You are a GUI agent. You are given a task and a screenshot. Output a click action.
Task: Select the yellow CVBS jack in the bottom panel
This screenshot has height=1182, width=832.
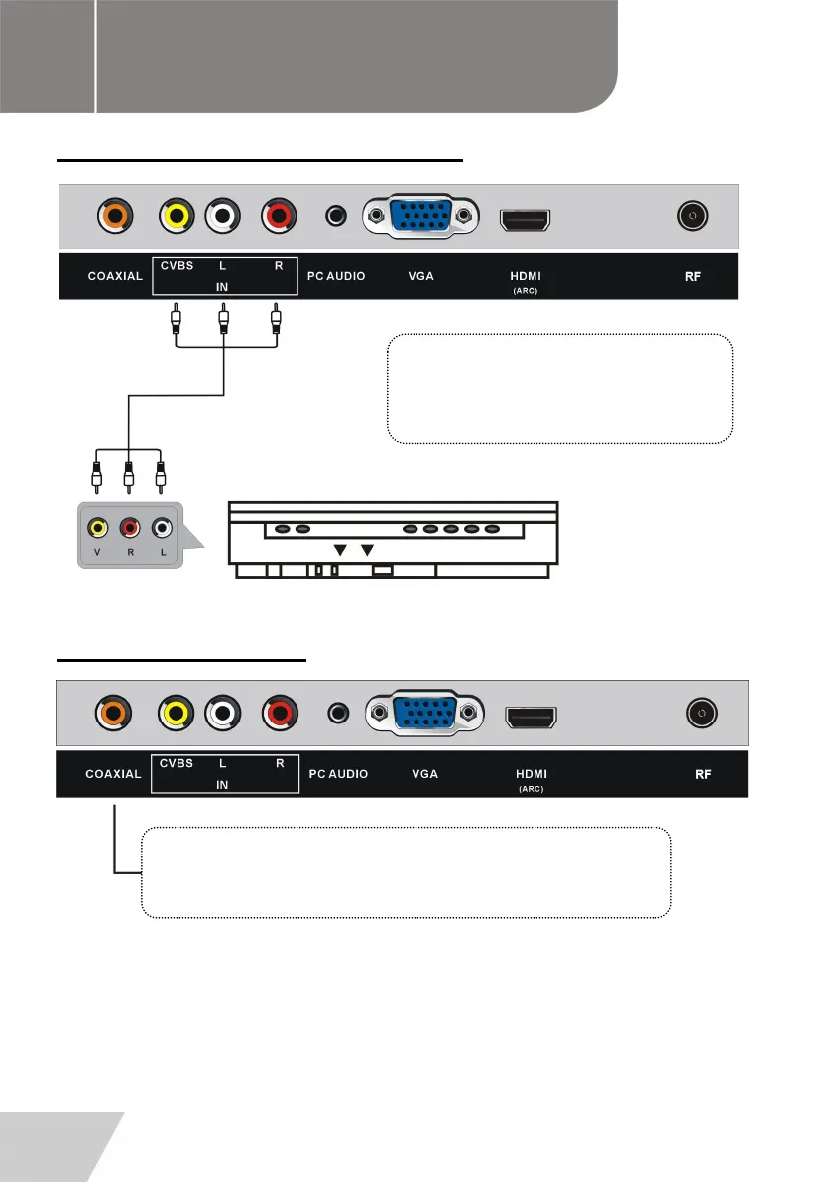177,712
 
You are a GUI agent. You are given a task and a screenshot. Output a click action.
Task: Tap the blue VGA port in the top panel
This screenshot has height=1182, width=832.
422,216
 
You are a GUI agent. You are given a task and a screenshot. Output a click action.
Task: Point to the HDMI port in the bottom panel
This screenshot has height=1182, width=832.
532,715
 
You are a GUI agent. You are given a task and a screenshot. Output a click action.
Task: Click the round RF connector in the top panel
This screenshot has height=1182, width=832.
691,215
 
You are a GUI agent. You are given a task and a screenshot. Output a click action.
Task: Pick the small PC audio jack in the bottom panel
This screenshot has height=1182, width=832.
340,712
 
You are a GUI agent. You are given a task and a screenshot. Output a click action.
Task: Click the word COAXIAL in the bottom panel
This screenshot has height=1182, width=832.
112,773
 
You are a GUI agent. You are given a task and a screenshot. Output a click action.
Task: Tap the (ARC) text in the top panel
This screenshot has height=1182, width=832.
526,291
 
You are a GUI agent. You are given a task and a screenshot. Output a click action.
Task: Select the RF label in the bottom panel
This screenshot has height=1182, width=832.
702,773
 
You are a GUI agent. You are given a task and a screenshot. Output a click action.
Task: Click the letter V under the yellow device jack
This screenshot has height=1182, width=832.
96,554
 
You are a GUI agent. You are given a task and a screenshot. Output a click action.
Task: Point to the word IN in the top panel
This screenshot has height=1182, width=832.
223,285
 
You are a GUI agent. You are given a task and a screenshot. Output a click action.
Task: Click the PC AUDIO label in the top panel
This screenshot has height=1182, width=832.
336,275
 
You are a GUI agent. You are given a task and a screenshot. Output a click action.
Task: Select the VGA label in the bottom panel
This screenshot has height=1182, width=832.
424,773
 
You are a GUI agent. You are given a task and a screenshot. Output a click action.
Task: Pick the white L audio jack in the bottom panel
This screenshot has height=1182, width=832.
224,712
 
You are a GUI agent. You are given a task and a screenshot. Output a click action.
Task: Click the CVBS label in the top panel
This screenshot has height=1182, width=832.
177,265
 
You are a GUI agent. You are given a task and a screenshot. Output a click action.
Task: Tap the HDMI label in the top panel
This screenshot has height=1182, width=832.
526,275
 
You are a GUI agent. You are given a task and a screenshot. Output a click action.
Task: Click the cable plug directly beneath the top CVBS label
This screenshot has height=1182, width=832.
176,321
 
